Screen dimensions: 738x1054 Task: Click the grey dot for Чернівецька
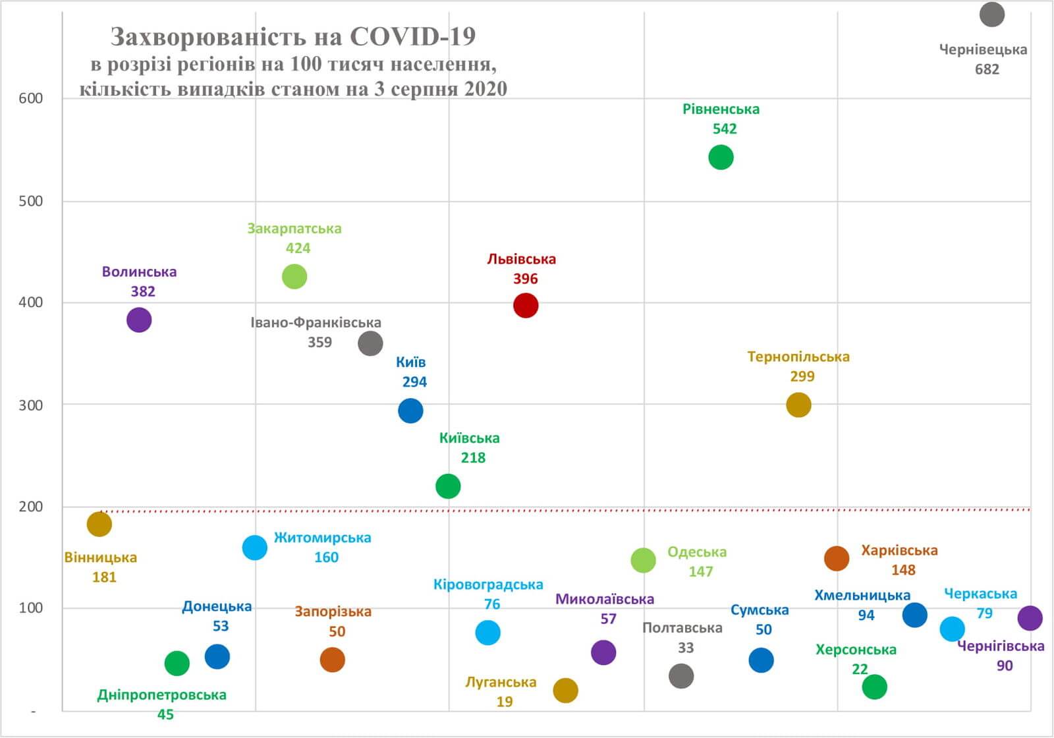(991, 14)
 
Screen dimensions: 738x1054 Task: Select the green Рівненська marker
(721, 157)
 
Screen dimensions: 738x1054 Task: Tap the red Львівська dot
(526, 306)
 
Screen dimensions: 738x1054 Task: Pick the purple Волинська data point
(139, 320)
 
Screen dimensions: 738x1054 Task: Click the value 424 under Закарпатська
(298, 248)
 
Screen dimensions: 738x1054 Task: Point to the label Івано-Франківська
(316, 323)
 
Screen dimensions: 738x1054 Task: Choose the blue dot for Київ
(410, 411)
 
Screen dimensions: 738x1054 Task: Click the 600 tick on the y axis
(31, 99)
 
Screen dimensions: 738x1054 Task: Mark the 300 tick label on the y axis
(31, 405)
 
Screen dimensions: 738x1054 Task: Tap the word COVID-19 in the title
(412, 37)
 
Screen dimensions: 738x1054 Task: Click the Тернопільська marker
(798, 405)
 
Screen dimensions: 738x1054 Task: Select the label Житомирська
(322, 538)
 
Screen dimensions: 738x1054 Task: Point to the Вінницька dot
(99, 524)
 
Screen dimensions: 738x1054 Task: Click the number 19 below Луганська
(505, 702)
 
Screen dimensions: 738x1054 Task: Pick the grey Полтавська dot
(681, 675)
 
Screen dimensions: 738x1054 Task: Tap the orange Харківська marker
(837, 559)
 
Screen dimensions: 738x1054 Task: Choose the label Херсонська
(856, 650)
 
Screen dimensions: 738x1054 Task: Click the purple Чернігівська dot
(1030, 618)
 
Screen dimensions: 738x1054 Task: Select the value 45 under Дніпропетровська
(165, 715)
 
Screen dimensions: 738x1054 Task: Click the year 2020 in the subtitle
(485, 89)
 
